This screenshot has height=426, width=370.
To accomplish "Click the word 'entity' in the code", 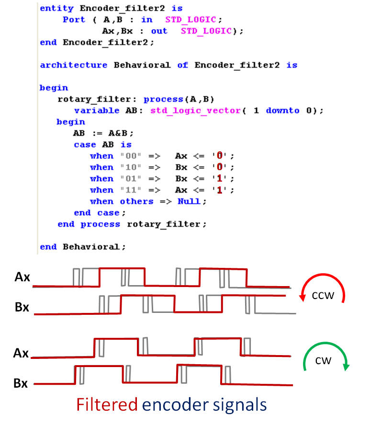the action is point(57,9).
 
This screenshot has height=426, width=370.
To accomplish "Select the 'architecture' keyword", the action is point(74,65).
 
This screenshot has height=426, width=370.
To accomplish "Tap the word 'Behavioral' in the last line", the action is point(91,247).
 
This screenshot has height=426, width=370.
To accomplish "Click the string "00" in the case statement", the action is point(131,156).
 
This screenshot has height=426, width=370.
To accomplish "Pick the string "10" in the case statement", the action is point(131,167).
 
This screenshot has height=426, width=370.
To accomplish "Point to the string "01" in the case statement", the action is point(131,178).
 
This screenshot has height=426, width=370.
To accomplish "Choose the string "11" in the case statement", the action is point(131,190).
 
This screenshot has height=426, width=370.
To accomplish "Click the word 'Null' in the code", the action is point(189,201).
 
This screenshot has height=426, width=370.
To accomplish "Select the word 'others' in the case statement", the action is point(137,201).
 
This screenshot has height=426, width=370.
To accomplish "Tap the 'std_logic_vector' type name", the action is point(195,111).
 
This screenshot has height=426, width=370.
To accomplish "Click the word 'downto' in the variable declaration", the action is point(282,111).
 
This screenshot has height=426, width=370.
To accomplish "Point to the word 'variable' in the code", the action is point(97,111).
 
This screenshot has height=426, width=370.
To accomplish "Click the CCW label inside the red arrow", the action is point(323,296).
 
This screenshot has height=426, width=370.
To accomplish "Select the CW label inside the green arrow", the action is point(323,361).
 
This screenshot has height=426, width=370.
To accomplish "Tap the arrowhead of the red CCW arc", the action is point(303,298).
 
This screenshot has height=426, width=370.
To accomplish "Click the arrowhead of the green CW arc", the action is point(347,367).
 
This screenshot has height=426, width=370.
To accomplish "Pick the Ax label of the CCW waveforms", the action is point(22,277).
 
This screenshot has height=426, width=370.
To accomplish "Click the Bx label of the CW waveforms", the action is point(21,383).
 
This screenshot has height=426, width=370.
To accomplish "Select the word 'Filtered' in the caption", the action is point(107,404).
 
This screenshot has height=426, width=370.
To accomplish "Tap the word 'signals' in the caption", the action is point(240,405).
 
